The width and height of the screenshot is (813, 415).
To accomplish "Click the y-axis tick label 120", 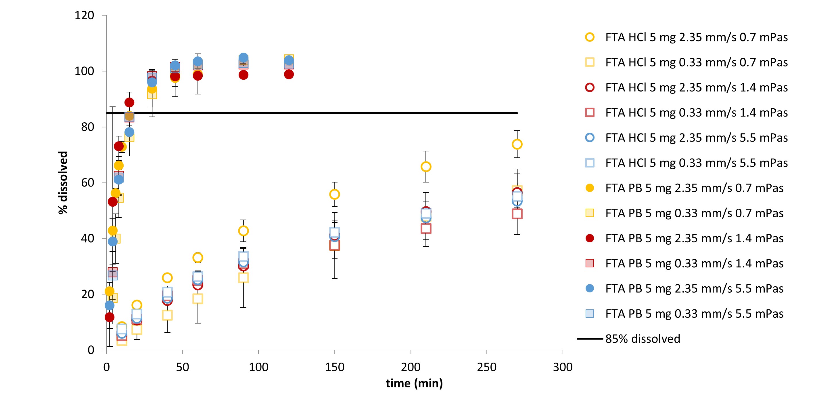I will pos(84,16).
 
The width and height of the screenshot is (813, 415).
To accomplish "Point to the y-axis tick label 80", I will pos(87,127).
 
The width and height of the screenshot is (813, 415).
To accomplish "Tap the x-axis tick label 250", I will pos(486,367).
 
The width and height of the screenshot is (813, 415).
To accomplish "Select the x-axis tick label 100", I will pos(258,367).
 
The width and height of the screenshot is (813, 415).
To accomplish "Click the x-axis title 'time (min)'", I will pos(414,383).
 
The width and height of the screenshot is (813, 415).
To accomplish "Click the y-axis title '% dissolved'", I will pos(63,182).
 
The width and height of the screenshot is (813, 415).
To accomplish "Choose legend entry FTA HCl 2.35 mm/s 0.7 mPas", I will pos(696,37).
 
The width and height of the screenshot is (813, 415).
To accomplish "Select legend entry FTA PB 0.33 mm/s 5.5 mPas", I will pos(694,314).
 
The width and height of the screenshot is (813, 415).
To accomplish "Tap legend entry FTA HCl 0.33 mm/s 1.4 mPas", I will pos(696,113).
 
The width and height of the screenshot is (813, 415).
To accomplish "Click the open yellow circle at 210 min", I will pos(426,167).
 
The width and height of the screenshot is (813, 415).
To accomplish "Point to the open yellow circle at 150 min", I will pos(335,195).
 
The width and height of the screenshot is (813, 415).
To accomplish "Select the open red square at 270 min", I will pos(517,214).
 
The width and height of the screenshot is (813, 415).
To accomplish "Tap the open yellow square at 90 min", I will pos(243,278).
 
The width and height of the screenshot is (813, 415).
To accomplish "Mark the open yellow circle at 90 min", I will pos(243,231).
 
